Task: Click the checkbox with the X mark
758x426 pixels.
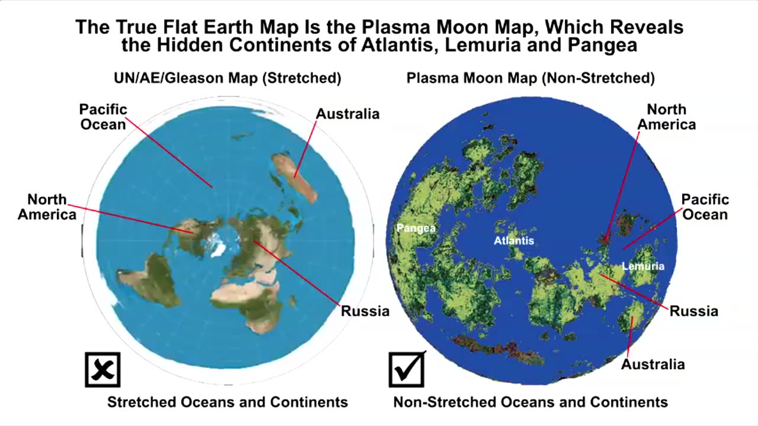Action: pyautogui.click(x=102, y=370)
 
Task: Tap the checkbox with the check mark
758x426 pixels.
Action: pyautogui.click(x=406, y=370)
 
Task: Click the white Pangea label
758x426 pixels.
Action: pyautogui.click(x=416, y=228)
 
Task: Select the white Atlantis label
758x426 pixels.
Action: pyautogui.click(x=514, y=240)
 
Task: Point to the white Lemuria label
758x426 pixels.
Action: pyautogui.click(x=643, y=266)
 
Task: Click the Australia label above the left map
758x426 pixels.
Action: pyautogui.click(x=347, y=114)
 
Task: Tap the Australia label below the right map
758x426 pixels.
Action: pyautogui.click(x=653, y=364)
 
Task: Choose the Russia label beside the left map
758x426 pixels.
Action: pyautogui.click(x=365, y=311)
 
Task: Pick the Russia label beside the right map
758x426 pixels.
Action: pyautogui.click(x=693, y=311)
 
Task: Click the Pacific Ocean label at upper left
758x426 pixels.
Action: pyautogui.click(x=103, y=117)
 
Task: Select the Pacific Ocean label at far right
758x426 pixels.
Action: pyautogui.click(x=705, y=207)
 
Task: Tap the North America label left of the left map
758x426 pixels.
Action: pyautogui.click(x=47, y=207)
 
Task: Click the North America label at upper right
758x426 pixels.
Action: pyautogui.click(x=666, y=117)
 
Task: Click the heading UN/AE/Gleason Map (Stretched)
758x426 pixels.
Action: pyautogui.click(x=227, y=78)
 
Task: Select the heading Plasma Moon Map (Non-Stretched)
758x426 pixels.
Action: pyautogui.click(x=531, y=78)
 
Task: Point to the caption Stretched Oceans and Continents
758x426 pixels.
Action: pyautogui.click(x=227, y=402)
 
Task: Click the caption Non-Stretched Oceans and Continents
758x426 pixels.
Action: pyautogui.click(x=531, y=402)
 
